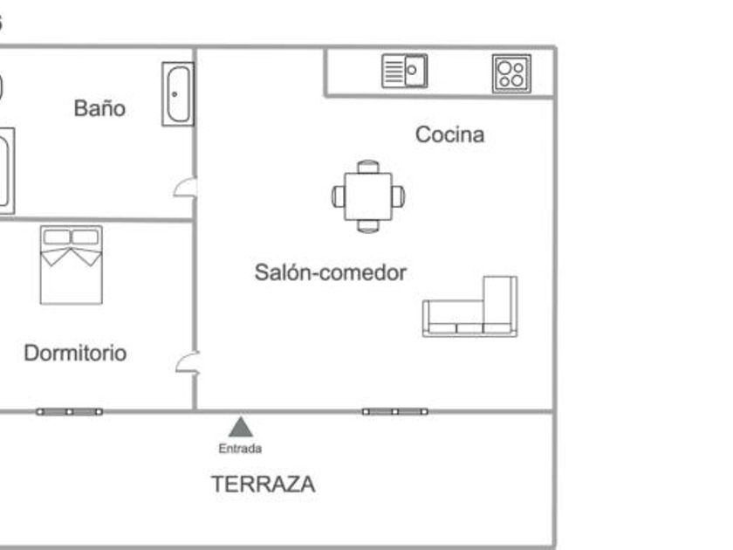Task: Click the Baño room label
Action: click(x=99, y=108)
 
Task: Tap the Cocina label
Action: click(x=449, y=134)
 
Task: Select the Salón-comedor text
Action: click(x=331, y=272)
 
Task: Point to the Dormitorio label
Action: click(x=75, y=353)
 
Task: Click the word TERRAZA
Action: click(x=264, y=484)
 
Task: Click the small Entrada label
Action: click(x=240, y=449)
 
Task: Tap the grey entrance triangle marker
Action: click(x=241, y=427)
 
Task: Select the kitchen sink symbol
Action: click(x=405, y=71)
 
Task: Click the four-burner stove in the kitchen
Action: click(x=511, y=74)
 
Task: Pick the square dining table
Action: click(x=368, y=196)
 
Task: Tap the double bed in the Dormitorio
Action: click(x=71, y=265)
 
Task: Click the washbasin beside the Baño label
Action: click(x=178, y=94)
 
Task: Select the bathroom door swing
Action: click(x=186, y=187)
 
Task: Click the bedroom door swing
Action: click(x=188, y=363)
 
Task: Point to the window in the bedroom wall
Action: click(x=69, y=412)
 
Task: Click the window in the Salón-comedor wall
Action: click(x=395, y=412)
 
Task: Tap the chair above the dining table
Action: click(x=368, y=167)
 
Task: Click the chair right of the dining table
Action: click(x=399, y=196)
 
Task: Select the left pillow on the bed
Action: click(x=57, y=237)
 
